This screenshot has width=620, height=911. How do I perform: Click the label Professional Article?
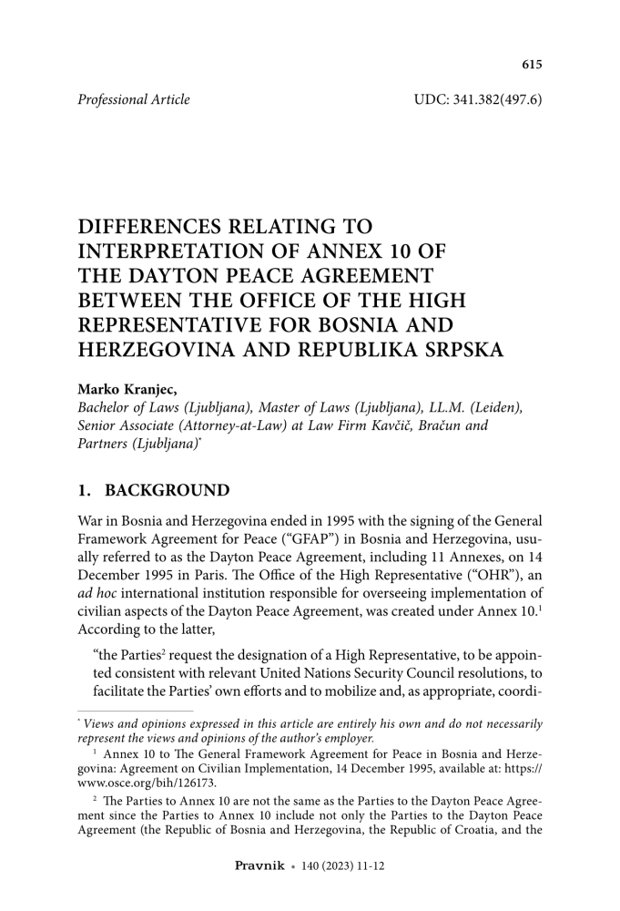pos(134,99)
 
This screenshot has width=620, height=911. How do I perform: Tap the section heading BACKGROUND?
pos(168,491)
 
